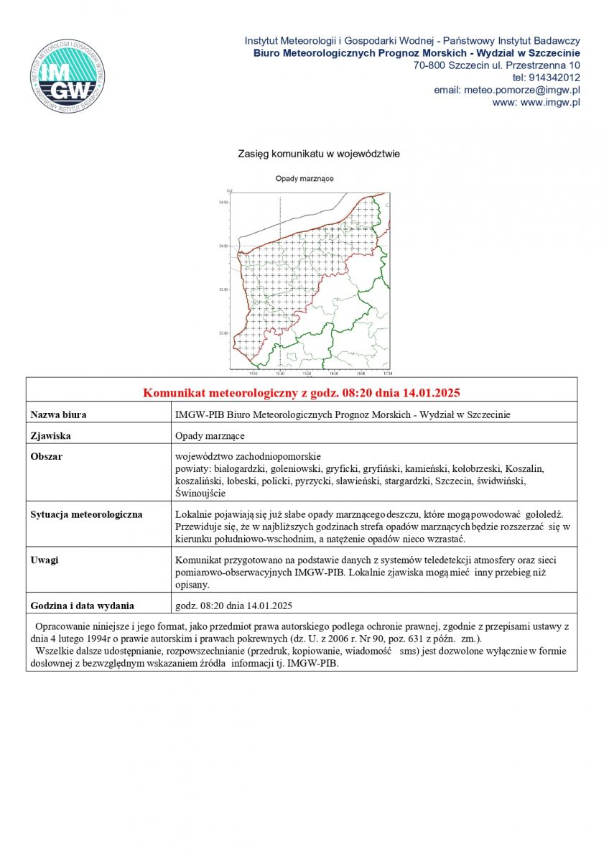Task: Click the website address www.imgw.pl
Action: pos(550,102)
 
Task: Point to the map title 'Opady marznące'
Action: pos(304,178)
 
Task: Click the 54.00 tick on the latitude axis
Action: pos(223,246)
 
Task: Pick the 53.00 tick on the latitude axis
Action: pos(223,333)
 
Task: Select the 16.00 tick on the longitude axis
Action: pos(334,374)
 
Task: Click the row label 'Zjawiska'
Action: pos(50,435)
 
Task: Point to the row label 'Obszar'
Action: pos(47,457)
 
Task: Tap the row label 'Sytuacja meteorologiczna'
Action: pos(86,514)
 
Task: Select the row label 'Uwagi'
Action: pos(45,560)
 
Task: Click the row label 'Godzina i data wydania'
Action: pos(82,605)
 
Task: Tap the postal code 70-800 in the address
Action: pos(428,65)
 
